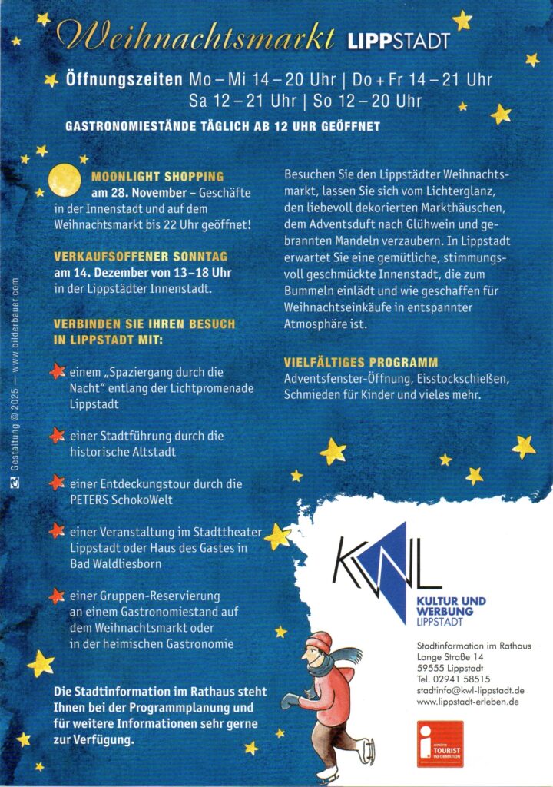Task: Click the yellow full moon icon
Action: tap(65, 180)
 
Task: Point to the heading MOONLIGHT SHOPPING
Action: tap(157, 177)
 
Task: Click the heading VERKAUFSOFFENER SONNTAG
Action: tap(141, 257)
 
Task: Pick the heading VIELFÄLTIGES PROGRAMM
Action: tap(361, 362)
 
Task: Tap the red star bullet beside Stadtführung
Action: tap(57, 436)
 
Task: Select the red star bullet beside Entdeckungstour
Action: tap(57, 483)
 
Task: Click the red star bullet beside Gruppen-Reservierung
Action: tap(57, 596)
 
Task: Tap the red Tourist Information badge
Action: tap(440, 743)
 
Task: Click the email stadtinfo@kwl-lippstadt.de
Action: tap(470, 691)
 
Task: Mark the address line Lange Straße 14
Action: tap(450, 657)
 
